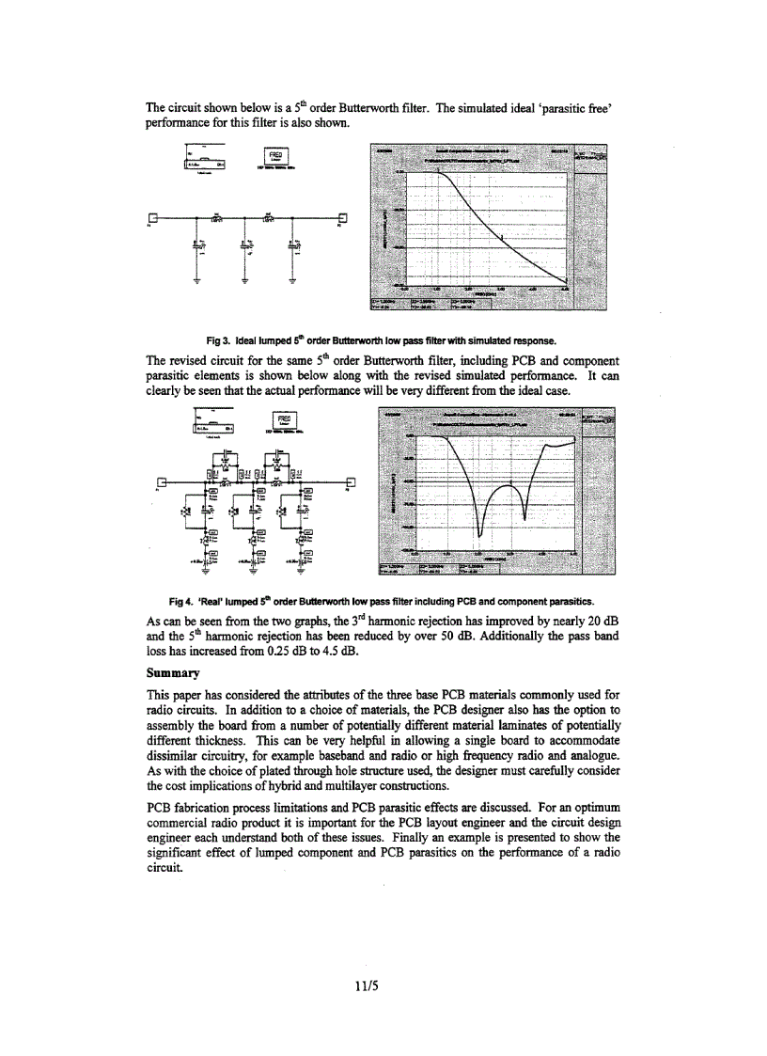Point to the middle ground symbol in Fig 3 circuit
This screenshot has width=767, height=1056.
(x=244, y=279)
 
